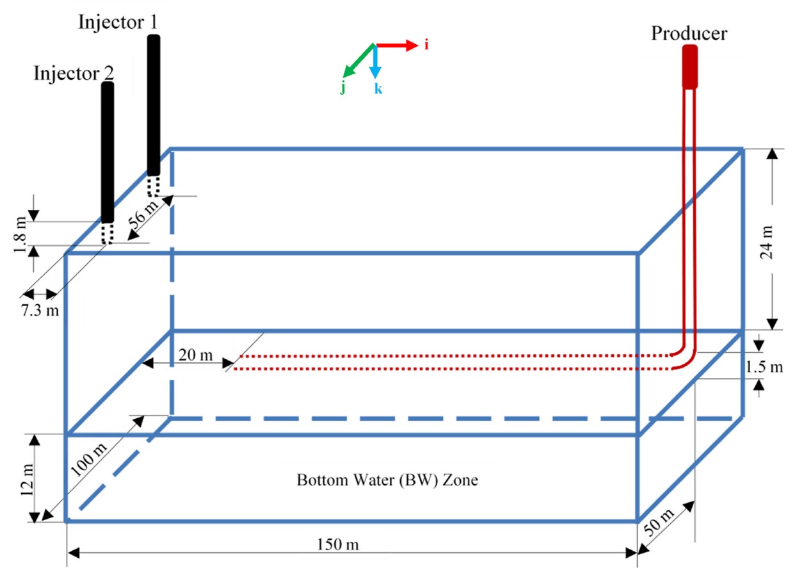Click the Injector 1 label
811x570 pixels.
(118, 22)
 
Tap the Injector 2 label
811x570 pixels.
(74, 74)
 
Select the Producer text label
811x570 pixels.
(689, 34)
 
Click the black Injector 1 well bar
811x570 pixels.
(154, 105)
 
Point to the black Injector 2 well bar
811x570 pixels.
(108, 152)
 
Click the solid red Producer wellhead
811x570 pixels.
(690, 67)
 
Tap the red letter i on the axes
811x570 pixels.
(426, 45)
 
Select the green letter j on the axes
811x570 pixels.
(342, 88)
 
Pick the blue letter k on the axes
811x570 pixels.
(378, 89)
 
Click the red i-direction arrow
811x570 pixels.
(396, 45)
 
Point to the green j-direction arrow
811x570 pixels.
(358, 61)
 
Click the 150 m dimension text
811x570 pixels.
(338, 544)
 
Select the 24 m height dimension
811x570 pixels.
(766, 242)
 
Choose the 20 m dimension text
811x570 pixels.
(195, 355)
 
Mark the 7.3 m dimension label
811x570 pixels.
(40, 311)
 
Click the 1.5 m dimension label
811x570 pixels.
(764, 367)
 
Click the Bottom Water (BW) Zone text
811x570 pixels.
(387, 480)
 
